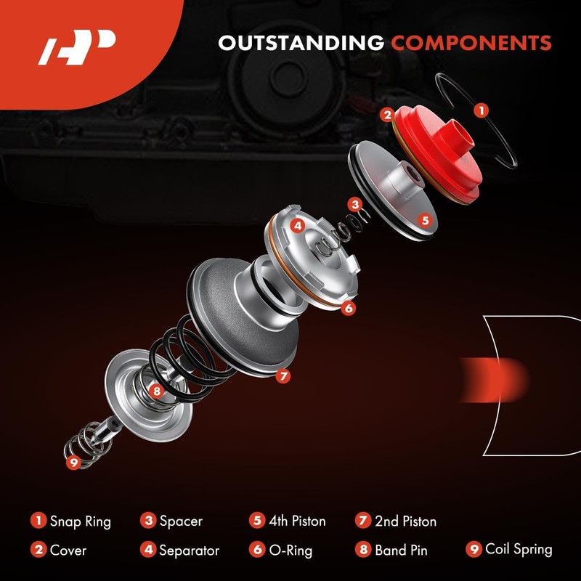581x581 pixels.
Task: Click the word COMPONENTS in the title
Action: tap(471, 43)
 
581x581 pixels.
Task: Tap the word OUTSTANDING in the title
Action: tap(301, 43)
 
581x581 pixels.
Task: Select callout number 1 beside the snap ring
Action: tap(480, 110)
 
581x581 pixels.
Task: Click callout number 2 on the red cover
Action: tap(388, 115)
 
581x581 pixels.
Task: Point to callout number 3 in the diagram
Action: tap(354, 204)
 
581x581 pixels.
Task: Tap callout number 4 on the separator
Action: tap(297, 226)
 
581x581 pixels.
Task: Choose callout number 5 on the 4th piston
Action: tap(425, 219)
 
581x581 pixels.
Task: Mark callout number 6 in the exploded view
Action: tap(349, 308)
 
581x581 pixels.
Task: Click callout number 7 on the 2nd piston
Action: tap(283, 376)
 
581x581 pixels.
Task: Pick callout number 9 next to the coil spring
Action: tap(72, 461)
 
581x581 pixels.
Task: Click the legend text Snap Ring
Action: tap(80, 521)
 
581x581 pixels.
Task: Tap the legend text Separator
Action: tap(189, 550)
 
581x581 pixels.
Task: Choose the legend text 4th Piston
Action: tap(298, 521)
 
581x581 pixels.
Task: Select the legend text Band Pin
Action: tap(400, 550)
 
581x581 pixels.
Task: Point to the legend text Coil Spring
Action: tap(519, 550)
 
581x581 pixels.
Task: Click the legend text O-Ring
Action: tap(290, 550)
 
